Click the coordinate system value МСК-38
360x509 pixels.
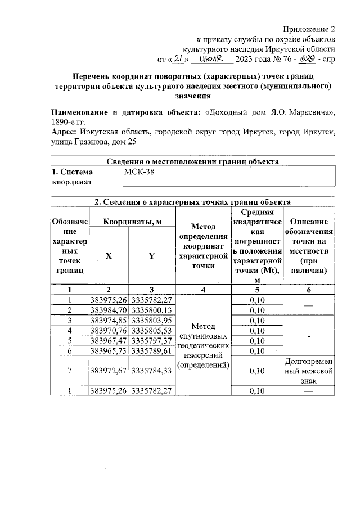pos(138,172)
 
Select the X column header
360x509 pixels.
pos(109,256)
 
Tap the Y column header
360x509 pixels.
pos(151,256)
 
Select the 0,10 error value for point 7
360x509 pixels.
pos(256,371)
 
